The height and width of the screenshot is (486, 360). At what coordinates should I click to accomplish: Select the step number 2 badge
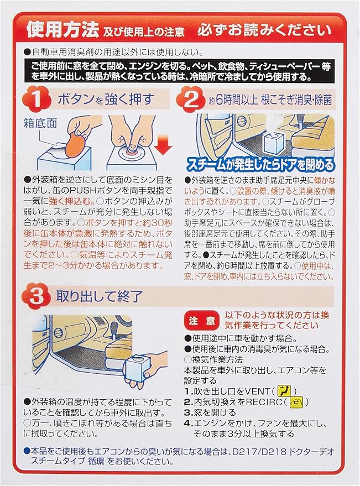click(190, 100)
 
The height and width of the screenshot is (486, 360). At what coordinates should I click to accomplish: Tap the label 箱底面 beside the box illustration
click(40, 123)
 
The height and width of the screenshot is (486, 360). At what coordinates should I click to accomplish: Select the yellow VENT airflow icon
click(284, 391)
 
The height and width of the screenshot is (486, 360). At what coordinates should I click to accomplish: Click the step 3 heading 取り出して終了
click(99, 296)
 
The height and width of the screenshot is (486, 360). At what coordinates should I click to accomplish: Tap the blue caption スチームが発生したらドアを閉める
click(260, 165)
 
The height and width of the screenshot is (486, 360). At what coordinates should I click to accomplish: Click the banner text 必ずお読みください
click(264, 30)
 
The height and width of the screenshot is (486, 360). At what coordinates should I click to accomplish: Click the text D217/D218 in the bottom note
click(260, 451)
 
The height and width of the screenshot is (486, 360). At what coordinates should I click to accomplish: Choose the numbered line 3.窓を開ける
click(210, 412)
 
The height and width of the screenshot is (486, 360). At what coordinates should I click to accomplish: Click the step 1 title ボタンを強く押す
click(106, 100)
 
